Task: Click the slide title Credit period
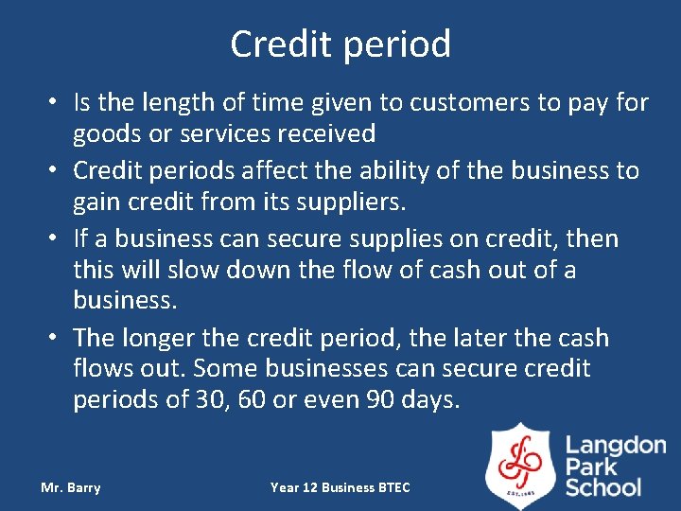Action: point(340,44)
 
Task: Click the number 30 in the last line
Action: point(214,399)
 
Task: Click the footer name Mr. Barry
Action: point(70,487)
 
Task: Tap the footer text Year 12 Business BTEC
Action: point(340,487)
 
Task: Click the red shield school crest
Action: point(520,465)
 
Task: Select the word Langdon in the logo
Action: point(616,445)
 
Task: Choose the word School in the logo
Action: point(603,487)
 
